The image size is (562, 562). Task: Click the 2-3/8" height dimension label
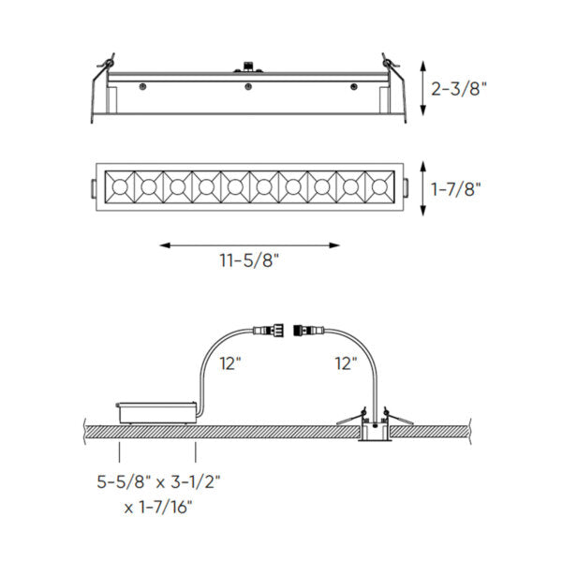pyautogui.click(x=462, y=90)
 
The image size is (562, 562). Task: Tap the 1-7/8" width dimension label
pyautogui.click(x=457, y=187)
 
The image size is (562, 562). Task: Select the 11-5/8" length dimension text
pyautogui.click(x=248, y=263)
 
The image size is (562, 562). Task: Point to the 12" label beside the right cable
pyautogui.click(x=345, y=363)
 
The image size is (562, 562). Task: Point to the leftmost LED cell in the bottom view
pyautogui.click(x=122, y=187)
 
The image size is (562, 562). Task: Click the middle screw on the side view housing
pyautogui.click(x=248, y=87)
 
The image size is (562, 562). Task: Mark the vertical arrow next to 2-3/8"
pyautogui.click(x=422, y=90)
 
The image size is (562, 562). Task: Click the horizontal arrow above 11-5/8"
pyautogui.click(x=248, y=245)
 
